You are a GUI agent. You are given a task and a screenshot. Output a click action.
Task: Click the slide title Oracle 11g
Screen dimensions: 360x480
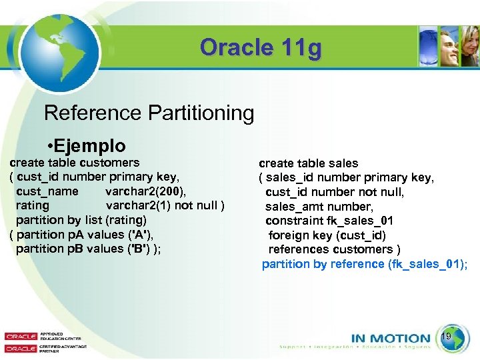point(261,48)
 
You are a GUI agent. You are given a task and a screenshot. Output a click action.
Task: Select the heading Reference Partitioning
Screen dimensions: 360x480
point(149,113)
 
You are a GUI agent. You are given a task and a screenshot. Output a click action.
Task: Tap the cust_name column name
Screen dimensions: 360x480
point(47,191)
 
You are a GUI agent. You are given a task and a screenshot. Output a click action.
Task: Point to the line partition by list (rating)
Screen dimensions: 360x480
point(81,219)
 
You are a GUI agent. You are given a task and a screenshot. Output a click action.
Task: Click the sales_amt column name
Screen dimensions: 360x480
point(291,207)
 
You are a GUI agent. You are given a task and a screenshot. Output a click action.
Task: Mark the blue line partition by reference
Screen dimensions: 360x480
point(364,264)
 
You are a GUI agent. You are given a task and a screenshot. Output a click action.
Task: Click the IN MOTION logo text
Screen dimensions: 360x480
point(391,339)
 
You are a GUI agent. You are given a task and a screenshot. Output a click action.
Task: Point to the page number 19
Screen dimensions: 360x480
point(447,337)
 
